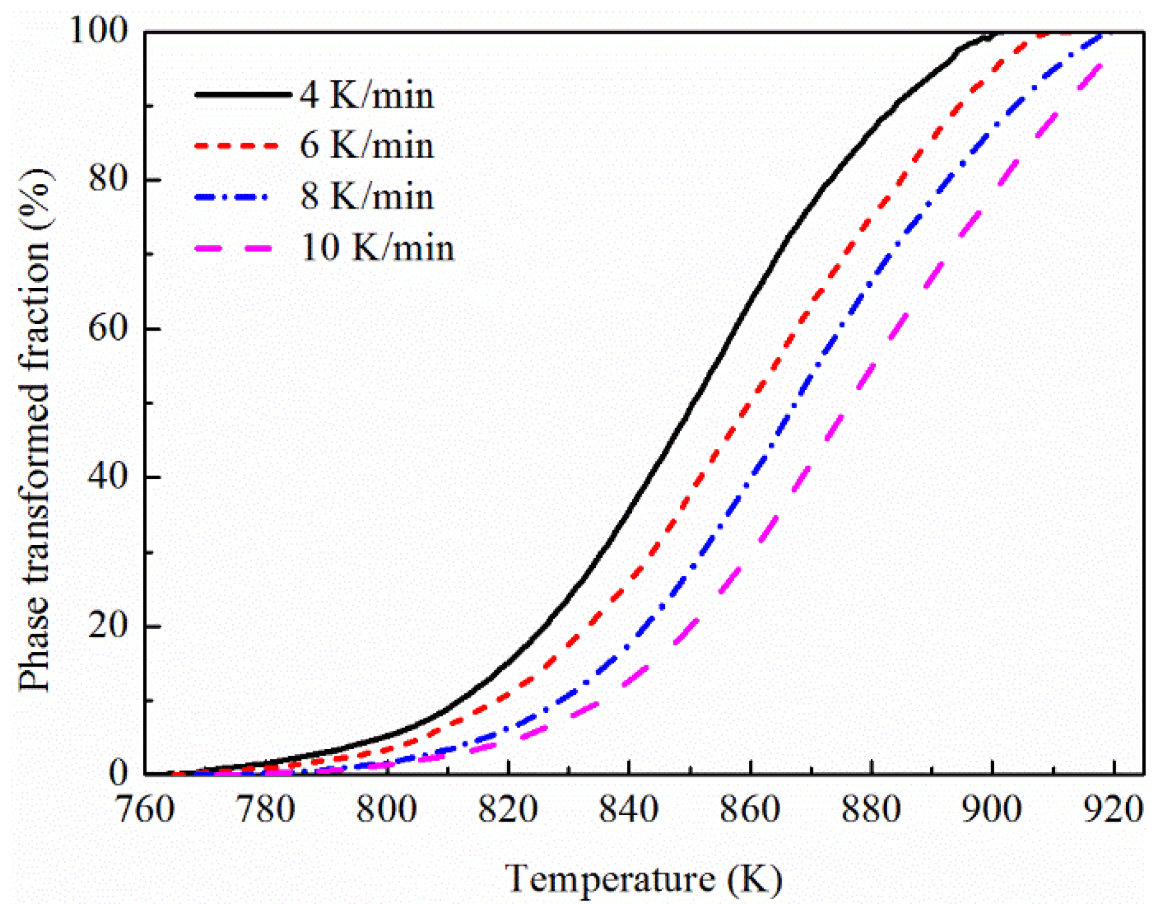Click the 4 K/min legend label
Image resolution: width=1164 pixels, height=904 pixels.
[x=366, y=96]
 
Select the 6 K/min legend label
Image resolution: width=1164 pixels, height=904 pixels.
[x=366, y=146]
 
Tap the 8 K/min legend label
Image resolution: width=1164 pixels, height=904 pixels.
[x=366, y=197]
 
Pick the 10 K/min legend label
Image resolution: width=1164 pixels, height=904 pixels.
[x=377, y=248]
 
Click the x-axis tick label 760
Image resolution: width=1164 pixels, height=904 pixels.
[x=145, y=809]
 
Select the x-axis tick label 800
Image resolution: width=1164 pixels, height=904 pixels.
[x=387, y=809]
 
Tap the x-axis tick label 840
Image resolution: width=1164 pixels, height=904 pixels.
[x=629, y=809]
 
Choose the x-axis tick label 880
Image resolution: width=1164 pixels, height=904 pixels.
[x=871, y=809]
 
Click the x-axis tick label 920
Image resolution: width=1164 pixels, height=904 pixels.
[x=1113, y=809]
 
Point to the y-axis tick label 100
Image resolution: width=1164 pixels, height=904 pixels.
[x=99, y=30]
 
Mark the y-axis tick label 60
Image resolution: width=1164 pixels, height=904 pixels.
[x=108, y=328]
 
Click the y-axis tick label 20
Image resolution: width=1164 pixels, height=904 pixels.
[x=108, y=625]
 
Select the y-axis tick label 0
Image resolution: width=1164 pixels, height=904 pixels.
[x=118, y=773]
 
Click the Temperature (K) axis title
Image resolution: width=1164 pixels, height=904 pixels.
[x=644, y=879]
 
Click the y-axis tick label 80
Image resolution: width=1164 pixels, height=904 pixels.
[x=108, y=180]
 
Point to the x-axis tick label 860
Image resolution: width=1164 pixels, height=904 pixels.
[x=750, y=809]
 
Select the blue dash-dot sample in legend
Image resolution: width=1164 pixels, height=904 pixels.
[x=232, y=197]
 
